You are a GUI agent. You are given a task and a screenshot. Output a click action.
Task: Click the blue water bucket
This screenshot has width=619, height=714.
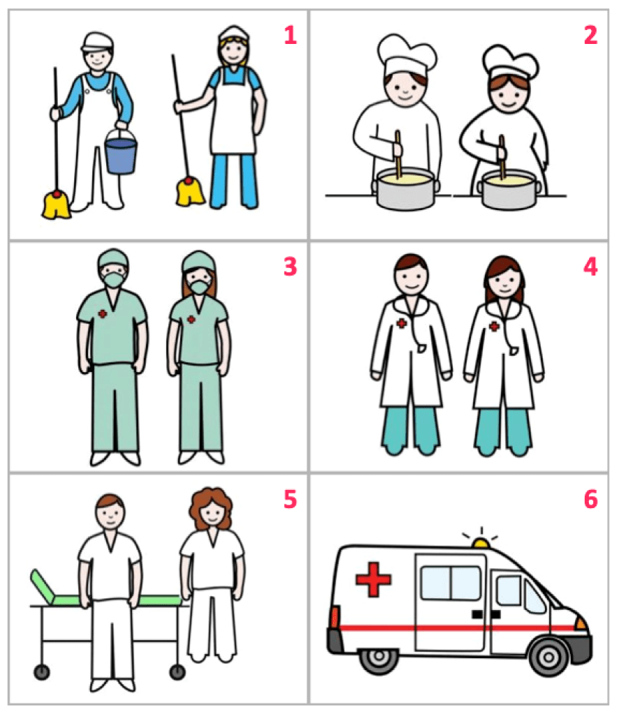point(120,153)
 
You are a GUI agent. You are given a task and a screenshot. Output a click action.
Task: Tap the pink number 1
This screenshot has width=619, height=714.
point(290,35)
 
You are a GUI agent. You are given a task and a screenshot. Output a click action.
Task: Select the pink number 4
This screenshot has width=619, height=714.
point(590,267)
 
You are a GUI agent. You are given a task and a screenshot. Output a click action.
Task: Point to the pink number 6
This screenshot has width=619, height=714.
point(591,499)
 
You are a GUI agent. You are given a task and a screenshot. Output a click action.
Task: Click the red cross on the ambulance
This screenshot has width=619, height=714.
point(373,579)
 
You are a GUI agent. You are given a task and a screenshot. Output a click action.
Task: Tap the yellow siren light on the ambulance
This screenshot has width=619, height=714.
point(481,542)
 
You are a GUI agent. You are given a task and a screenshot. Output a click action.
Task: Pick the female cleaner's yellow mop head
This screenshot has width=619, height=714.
point(191,191)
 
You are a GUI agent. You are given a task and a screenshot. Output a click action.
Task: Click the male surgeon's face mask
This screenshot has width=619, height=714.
point(114,278)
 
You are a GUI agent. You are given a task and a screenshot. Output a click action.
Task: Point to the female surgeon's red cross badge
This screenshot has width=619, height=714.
point(191,319)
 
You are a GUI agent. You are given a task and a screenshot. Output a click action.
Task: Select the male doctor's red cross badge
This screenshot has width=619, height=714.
point(402,323)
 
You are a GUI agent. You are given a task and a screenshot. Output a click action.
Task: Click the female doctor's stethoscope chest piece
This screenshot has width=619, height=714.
point(514,351)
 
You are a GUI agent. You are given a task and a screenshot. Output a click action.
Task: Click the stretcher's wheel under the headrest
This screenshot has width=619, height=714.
point(41,672)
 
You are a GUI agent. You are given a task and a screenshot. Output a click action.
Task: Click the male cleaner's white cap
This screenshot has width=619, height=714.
point(97,42)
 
